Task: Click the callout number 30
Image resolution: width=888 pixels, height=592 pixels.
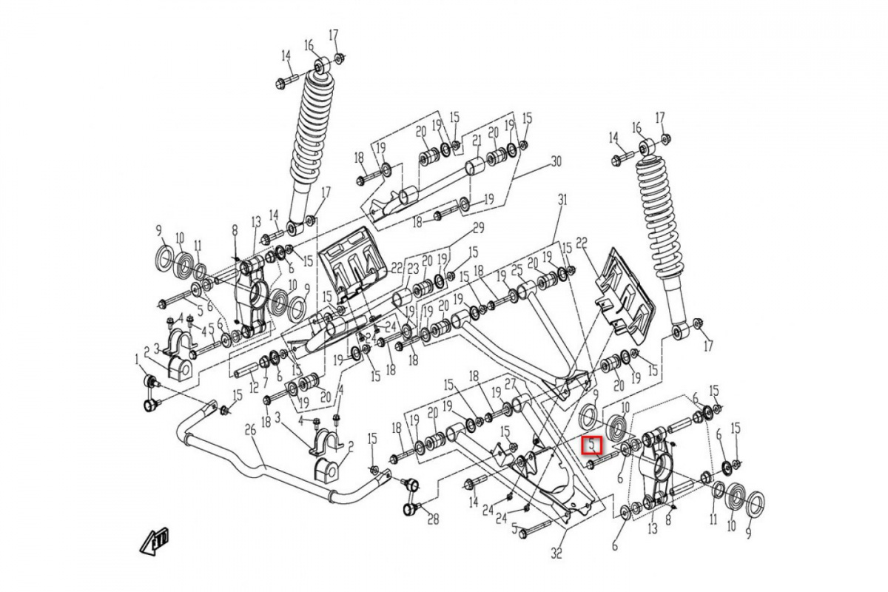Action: pyautogui.click(x=557, y=162)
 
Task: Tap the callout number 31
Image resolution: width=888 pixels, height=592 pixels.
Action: pyautogui.click(x=562, y=201)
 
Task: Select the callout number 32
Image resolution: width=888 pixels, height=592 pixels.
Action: pyautogui.click(x=556, y=552)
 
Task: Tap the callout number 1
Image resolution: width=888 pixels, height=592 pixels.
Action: pyautogui.click(x=138, y=360)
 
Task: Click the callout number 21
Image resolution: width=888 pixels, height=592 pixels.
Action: pyautogui.click(x=477, y=141)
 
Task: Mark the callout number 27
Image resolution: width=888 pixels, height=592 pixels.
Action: pyautogui.click(x=510, y=382)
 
